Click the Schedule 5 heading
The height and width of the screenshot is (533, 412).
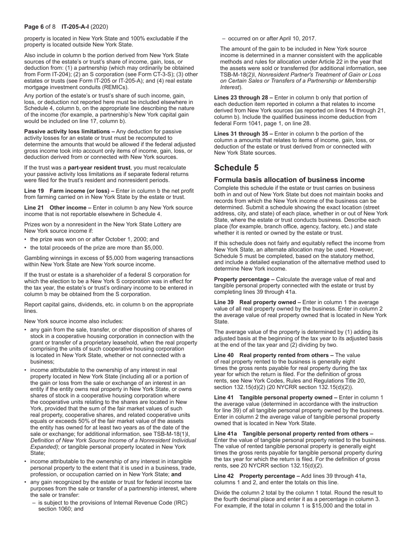[x=236, y=168]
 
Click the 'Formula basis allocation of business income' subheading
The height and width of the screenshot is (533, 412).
[x=289, y=180]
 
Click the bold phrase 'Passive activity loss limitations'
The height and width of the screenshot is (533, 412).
[x=69, y=131]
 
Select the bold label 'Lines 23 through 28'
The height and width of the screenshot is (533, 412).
[x=243, y=97]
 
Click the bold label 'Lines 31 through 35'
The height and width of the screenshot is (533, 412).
[x=243, y=133]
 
